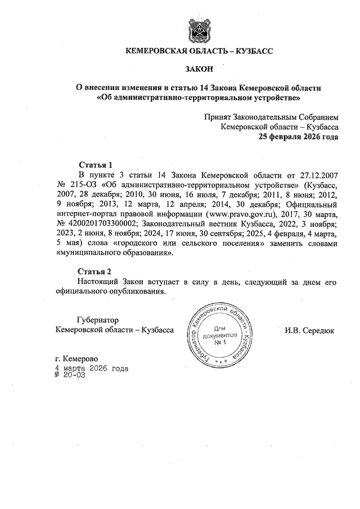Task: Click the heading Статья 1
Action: point(96,165)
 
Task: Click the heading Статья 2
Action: point(96,271)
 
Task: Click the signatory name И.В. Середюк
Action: point(309,330)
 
